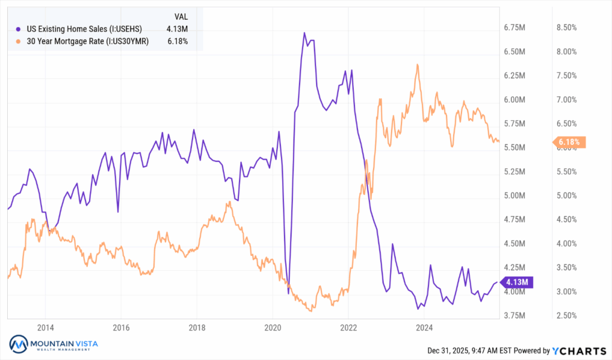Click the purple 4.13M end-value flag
click(515, 282)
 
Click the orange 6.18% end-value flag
click(570, 142)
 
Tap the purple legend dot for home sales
click(19, 29)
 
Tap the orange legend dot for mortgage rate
click(19, 41)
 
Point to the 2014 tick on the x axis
click(45, 328)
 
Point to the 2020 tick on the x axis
click(273, 328)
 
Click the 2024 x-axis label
click(424, 328)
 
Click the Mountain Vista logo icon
click(19, 344)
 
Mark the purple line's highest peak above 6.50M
click(304, 33)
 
